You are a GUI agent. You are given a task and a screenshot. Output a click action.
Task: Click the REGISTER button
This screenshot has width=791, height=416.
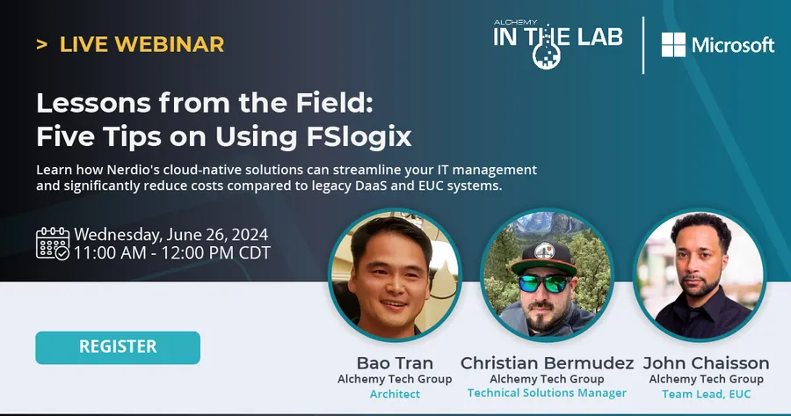tap(118, 347)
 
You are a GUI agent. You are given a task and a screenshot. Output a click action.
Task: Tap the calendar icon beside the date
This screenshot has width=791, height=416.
tap(53, 244)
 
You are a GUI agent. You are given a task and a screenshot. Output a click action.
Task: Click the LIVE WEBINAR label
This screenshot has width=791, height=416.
tap(142, 43)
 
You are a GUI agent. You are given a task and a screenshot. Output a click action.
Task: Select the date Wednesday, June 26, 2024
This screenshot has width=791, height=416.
tap(171, 235)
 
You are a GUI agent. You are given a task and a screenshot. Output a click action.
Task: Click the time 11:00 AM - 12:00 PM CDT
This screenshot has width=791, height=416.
tap(172, 253)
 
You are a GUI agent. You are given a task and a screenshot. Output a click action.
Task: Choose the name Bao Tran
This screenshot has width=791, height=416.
tap(395, 363)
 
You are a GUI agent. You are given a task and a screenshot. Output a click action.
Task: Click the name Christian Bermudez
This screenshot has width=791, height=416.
tap(548, 363)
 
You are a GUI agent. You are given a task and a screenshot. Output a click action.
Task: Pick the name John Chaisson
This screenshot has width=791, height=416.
tap(706, 363)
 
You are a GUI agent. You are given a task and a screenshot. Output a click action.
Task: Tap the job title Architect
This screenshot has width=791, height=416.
tap(395, 394)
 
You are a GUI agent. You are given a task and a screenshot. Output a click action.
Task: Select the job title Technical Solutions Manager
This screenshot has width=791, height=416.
tap(547, 393)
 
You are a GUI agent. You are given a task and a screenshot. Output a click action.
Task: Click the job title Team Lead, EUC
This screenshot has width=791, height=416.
tap(706, 394)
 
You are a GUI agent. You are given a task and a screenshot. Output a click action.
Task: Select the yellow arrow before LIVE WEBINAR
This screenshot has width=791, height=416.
tap(41, 43)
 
